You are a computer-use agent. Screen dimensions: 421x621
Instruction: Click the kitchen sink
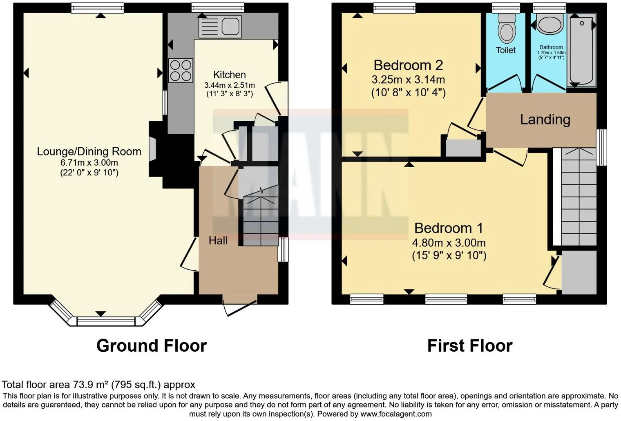point(220,27)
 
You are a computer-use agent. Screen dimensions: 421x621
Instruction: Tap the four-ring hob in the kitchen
point(181,70)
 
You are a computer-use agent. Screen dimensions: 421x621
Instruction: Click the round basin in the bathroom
point(550,24)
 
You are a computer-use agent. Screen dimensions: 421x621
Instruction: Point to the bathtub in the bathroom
point(581,50)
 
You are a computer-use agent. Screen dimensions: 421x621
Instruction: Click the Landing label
point(545,120)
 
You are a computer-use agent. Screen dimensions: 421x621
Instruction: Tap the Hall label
point(218,241)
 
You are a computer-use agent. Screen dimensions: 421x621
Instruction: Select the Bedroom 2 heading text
point(408,65)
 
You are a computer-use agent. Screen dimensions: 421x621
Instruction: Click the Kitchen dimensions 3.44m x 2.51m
point(229,85)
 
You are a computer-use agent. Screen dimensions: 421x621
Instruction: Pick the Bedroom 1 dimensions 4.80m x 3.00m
point(449,243)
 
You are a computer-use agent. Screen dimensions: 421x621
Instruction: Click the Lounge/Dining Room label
point(89,151)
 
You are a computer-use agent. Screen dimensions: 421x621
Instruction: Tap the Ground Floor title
point(151,346)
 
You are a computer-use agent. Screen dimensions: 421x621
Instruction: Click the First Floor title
point(469,346)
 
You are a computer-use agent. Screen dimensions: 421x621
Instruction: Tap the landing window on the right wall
point(601,147)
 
